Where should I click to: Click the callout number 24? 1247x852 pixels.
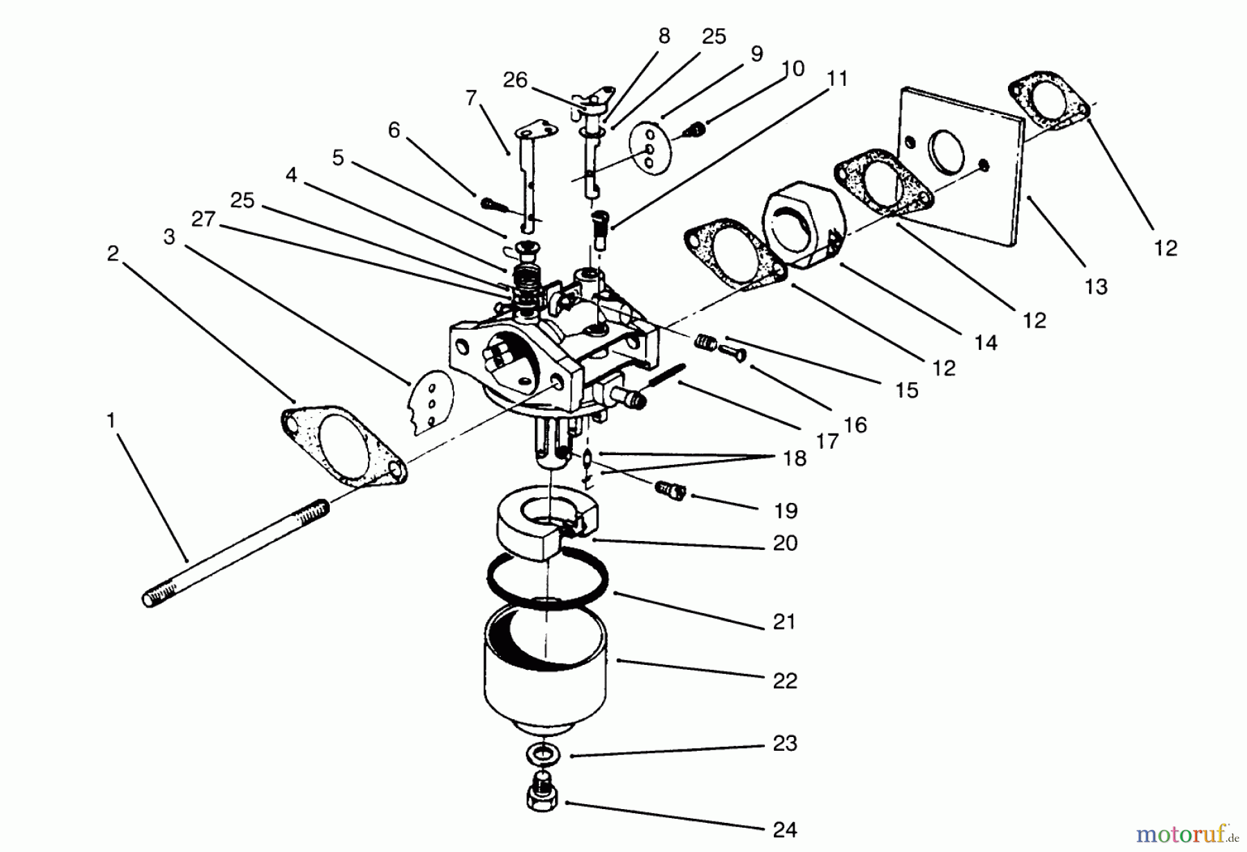(x=784, y=829)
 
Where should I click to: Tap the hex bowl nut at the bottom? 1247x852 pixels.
(x=542, y=797)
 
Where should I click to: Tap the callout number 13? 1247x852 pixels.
(x=1096, y=286)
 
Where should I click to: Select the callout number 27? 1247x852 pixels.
(x=203, y=220)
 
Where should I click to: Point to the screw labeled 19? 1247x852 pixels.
(x=669, y=491)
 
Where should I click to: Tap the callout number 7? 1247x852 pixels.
(x=471, y=98)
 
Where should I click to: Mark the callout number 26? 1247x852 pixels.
(x=515, y=80)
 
